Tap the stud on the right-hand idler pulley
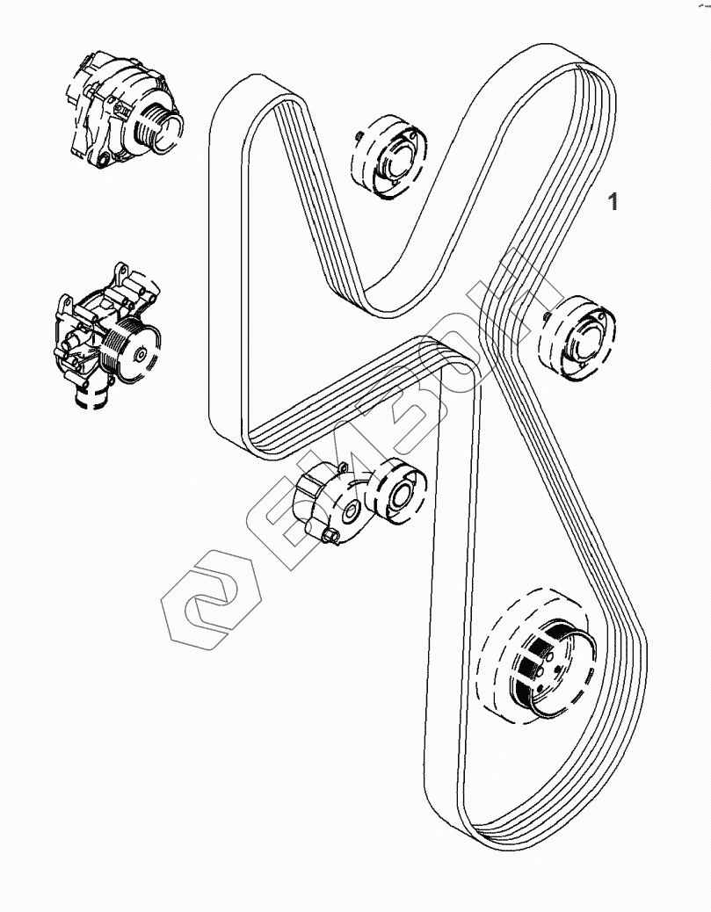pos(547,316)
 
